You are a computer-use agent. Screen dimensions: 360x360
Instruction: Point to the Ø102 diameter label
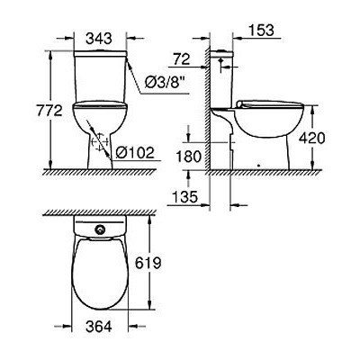coord(136,152)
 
